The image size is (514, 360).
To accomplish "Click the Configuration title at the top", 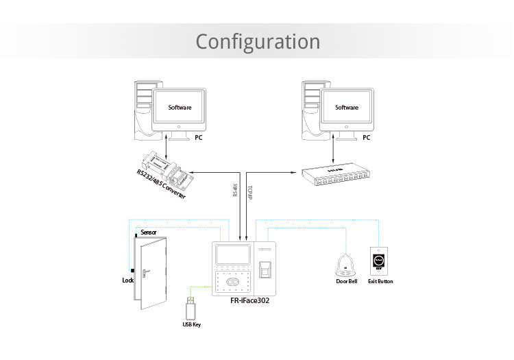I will click(x=258, y=41).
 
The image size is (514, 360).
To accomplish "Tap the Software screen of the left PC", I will click(x=180, y=108).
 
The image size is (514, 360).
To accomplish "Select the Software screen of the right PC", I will click(x=347, y=108).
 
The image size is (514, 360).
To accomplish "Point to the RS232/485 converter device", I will click(x=167, y=167).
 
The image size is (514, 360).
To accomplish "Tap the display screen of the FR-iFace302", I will click(x=234, y=257).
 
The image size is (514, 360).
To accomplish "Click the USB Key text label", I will click(x=191, y=324).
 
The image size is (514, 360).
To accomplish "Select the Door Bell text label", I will click(x=347, y=281).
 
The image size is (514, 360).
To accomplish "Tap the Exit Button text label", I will click(x=380, y=281).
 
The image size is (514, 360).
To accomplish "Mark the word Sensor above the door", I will click(x=148, y=232).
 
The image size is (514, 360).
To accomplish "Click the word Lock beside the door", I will click(x=127, y=280).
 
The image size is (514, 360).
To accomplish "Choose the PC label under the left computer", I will click(x=199, y=137).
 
